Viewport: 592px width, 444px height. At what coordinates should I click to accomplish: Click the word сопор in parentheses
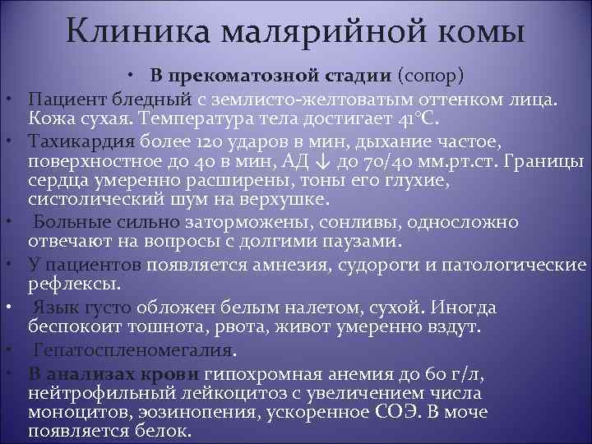pyautogui.click(x=431, y=77)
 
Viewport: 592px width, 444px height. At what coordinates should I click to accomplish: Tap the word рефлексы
pyautogui.click(x=72, y=284)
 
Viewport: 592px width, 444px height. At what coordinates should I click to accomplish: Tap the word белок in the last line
pyautogui.click(x=162, y=431)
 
